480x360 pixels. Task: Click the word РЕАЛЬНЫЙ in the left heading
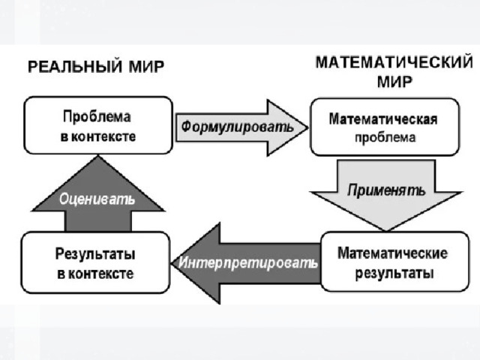click(x=75, y=67)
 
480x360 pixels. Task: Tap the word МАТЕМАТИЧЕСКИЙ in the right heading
click(x=394, y=63)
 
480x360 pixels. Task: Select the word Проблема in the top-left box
click(x=97, y=117)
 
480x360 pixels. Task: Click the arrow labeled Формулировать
click(x=241, y=127)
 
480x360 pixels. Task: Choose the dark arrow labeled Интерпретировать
click(x=247, y=263)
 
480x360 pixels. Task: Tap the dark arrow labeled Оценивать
click(x=98, y=193)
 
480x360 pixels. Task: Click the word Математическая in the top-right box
click(x=383, y=119)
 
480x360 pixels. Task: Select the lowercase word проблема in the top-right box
click(x=385, y=138)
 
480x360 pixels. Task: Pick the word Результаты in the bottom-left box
click(x=95, y=254)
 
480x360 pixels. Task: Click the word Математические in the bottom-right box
click(x=392, y=253)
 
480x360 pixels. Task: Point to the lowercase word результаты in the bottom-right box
click(x=394, y=273)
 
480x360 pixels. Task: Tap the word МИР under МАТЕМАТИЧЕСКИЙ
click(x=394, y=82)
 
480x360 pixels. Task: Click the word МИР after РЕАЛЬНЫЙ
click(x=146, y=67)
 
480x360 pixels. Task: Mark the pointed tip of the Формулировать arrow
click(x=308, y=128)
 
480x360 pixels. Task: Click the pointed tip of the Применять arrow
click(x=386, y=230)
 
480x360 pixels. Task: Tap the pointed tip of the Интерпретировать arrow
click(x=172, y=263)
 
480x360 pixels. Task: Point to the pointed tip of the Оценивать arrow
click(x=98, y=156)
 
